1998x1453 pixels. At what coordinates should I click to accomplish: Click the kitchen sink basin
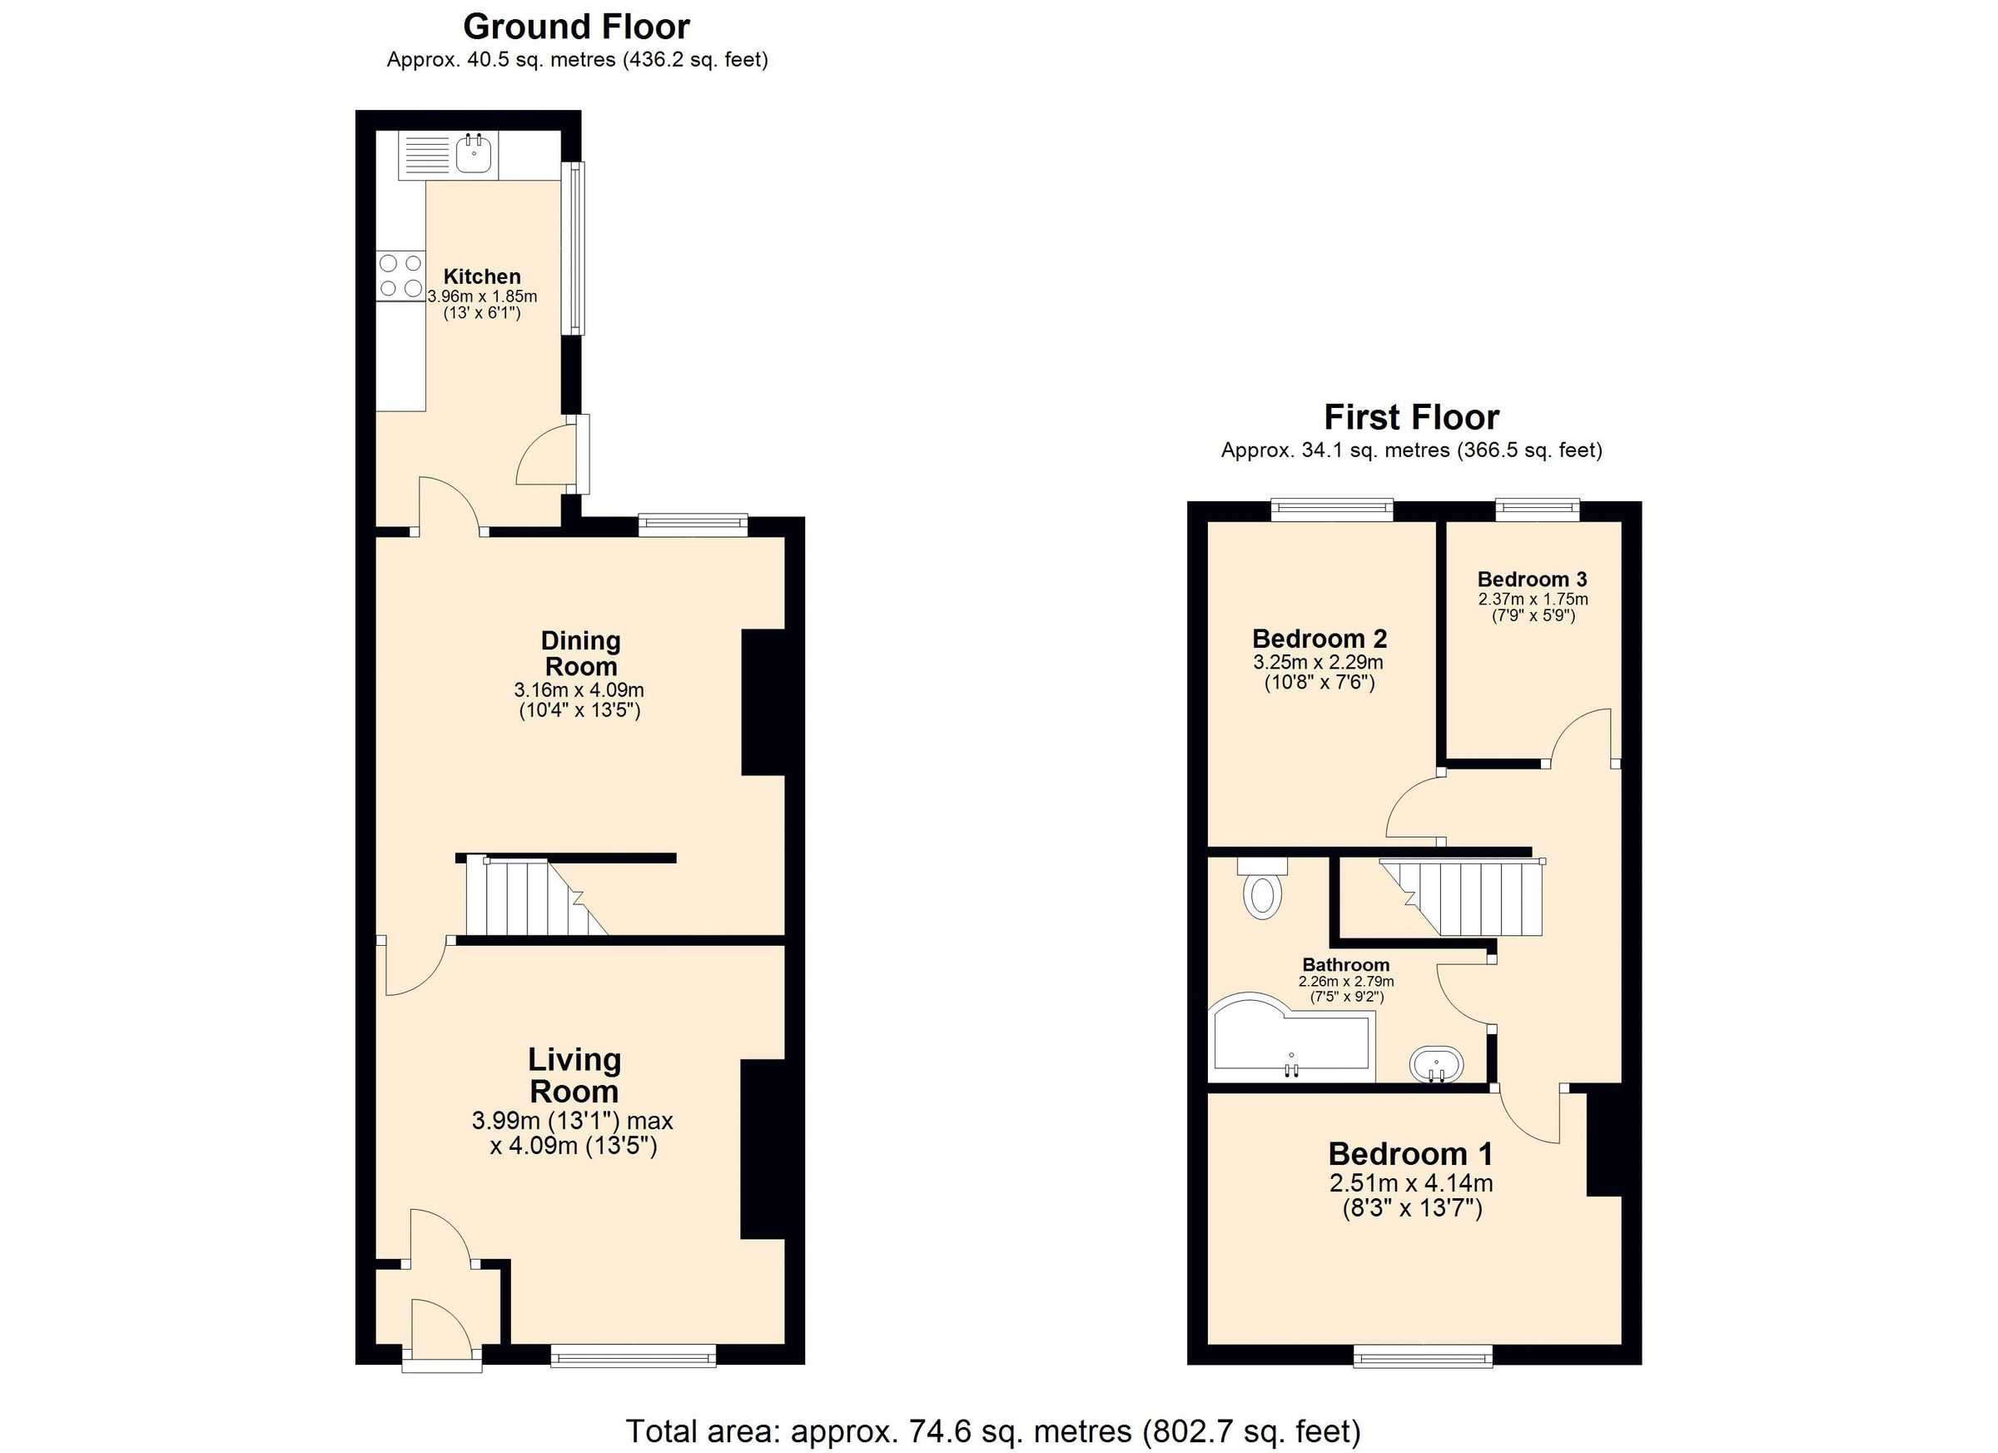pos(474,156)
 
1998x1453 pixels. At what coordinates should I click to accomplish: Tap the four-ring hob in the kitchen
pos(399,275)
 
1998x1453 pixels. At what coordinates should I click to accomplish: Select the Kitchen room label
pos(482,276)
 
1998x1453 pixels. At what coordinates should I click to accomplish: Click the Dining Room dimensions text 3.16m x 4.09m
pos(579,690)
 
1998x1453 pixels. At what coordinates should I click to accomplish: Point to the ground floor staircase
pos(533,896)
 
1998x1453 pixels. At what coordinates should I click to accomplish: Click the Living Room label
pos(574,1076)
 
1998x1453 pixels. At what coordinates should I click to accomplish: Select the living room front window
pos(634,1356)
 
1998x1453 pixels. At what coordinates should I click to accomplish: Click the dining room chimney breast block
pos(763,702)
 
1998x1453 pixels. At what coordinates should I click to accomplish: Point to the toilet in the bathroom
pos(1263,890)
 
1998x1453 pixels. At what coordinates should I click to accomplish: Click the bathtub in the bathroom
pos(1291,1042)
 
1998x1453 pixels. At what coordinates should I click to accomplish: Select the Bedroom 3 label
pos(1532,579)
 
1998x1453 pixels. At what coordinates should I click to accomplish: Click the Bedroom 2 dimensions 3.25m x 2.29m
pos(1318,662)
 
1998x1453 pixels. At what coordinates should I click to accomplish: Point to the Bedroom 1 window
pos(1423,1356)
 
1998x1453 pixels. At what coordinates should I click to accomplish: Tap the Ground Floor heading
pos(576,27)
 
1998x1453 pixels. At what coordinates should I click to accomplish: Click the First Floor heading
pos(1411,417)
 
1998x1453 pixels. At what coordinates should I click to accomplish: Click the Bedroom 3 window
pos(1538,508)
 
